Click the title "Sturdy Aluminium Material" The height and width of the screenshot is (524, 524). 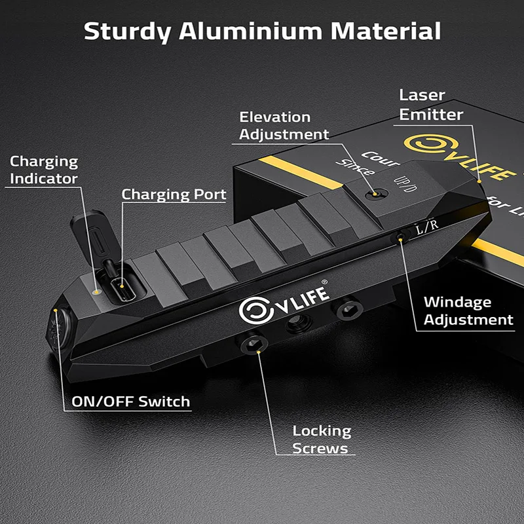pos(262,31)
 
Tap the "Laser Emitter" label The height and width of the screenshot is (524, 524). pos(431,105)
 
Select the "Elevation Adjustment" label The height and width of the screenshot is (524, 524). pos(284,126)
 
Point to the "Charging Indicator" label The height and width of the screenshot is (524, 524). pos(43,170)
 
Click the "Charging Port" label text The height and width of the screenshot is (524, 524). pos(174,195)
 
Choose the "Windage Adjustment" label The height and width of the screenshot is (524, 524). pos(468,311)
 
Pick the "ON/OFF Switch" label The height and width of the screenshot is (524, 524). pos(131,402)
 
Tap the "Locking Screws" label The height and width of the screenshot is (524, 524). pos(322,440)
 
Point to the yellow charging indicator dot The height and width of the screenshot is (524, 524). pos(97,290)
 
